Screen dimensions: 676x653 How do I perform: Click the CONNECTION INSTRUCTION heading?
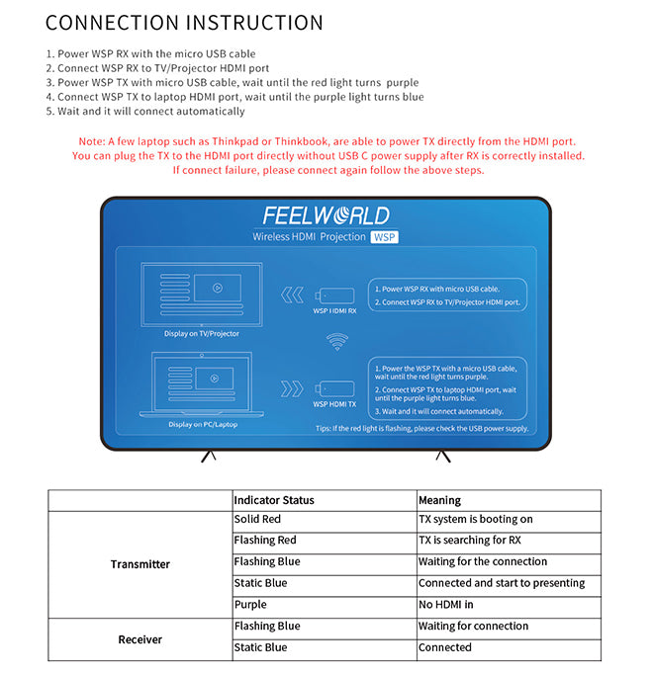pos(184,23)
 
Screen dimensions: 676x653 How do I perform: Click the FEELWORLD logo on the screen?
pos(326,215)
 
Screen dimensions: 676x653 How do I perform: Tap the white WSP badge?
pos(383,237)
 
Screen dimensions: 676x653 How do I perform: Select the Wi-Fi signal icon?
pos(337,343)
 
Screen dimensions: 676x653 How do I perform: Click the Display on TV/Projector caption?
pos(202,333)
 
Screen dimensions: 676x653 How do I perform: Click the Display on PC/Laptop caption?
pos(202,424)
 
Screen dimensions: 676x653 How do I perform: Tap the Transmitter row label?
pos(140,564)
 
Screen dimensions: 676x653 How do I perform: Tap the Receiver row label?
pos(140,639)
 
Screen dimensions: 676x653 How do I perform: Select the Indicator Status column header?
pos(274,500)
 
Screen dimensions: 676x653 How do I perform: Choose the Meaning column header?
pos(439,500)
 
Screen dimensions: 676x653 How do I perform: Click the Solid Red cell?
pos(257,519)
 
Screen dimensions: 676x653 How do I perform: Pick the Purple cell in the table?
pos(250,604)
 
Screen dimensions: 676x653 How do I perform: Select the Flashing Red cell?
pos(264,541)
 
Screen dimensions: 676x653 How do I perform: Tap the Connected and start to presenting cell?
pos(501,583)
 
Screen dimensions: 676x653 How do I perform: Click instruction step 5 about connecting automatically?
pos(144,112)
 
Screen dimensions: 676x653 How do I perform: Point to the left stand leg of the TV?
pos(209,456)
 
